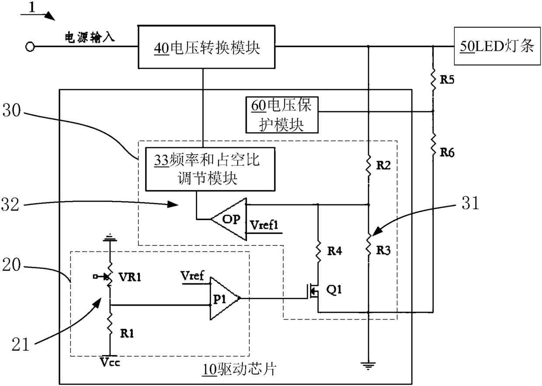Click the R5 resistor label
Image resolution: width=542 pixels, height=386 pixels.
click(447, 79)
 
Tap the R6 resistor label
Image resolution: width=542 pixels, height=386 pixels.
click(447, 152)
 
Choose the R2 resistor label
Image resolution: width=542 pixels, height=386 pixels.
click(383, 165)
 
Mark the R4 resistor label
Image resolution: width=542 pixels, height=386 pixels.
click(335, 251)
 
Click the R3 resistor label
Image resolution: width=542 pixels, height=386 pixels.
click(383, 250)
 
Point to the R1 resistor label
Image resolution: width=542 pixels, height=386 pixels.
click(127, 334)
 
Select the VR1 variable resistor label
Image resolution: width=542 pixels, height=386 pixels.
click(130, 277)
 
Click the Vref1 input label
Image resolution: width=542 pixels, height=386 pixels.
click(264, 225)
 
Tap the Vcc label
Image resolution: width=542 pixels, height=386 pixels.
click(110, 362)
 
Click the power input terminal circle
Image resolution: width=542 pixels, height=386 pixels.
click(30, 47)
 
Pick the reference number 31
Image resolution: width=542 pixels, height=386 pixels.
click(470, 203)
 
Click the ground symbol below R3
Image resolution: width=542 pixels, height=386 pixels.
click(368, 366)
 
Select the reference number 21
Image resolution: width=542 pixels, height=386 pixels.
click(20, 345)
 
